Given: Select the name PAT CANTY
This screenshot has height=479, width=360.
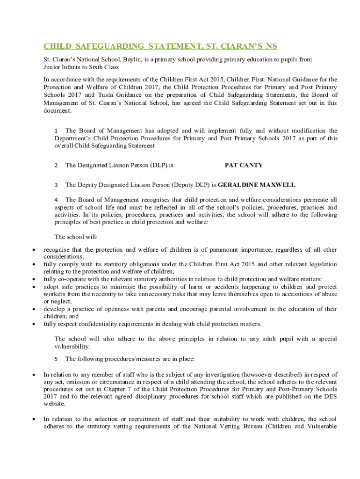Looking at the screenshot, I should click(x=244, y=165).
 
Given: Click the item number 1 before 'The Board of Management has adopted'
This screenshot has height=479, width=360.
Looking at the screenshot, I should click(x=56, y=131).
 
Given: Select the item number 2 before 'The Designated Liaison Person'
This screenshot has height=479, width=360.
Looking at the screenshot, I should click(x=56, y=165).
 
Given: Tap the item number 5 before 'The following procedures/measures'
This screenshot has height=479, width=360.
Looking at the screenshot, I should click(x=56, y=359).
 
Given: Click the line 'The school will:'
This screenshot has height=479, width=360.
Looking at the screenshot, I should click(x=76, y=236).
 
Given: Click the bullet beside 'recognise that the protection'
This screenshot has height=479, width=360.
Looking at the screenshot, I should click(x=33, y=250).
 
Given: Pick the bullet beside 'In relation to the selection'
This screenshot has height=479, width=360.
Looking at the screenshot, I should click(x=33, y=419).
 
